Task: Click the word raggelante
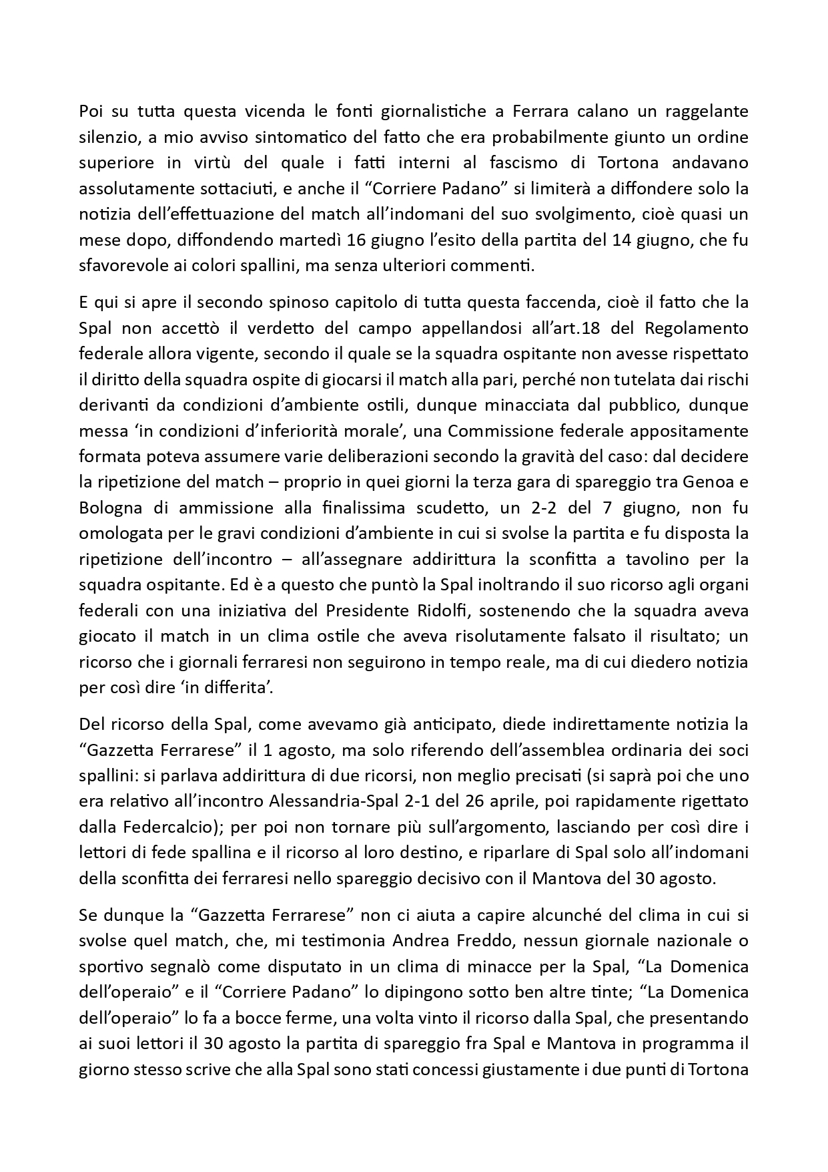(701, 110)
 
